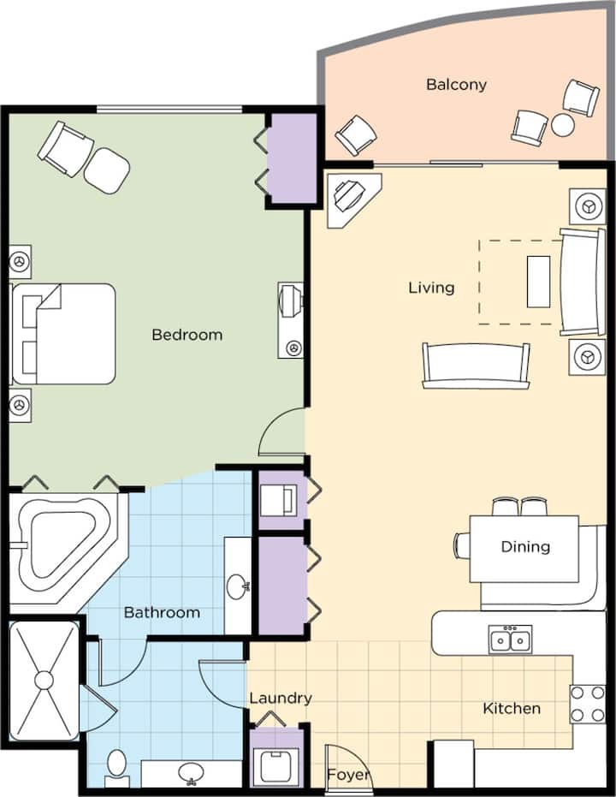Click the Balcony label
pyautogui.click(x=456, y=85)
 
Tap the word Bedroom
pyautogui.click(x=187, y=335)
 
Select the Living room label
pyautogui.click(x=431, y=288)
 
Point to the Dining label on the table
pyautogui.click(x=525, y=546)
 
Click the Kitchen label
pyautogui.click(x=512, y=708)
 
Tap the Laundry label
pyautogui.click(x=281, y=699)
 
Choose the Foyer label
pyautogui.click(x=348, y=775)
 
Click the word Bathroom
pyautogui.click(x=162, y=612)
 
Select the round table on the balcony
pyautogui.click(x=563, y=125)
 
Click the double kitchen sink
pyautogui.click(x=511, y=639)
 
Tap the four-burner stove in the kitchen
pyautogui.click(x=588, y=704)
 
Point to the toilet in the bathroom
pyautogui.click(x=116, y=766)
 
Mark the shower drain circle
pyautogui.click(x=44, y=680)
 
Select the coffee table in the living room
pyautogui.click(x=538, y=282)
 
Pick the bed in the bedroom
pyautogui.click(x=63, y=334)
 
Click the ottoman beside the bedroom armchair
pyautogui.click(x=107, y=170)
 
